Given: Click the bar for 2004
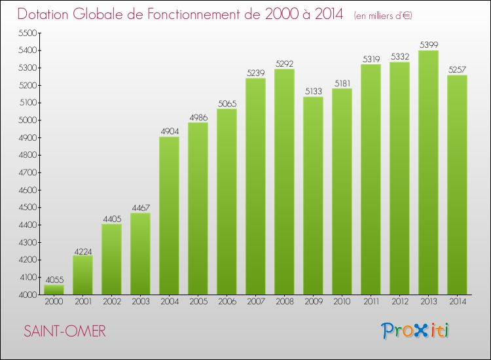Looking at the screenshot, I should (169, 215).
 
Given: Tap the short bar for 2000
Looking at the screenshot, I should (54, 289).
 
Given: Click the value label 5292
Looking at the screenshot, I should (284, 64).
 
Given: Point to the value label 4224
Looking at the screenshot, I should (82, 250).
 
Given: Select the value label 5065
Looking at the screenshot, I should (227, 103).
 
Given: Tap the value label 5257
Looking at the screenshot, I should (457, 70).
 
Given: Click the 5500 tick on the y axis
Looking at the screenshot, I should (29, 33).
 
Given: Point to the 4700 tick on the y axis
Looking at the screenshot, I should (29, 172).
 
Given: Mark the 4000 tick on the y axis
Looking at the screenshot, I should (29, 295).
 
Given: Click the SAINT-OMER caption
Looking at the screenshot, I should (64, 331).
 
